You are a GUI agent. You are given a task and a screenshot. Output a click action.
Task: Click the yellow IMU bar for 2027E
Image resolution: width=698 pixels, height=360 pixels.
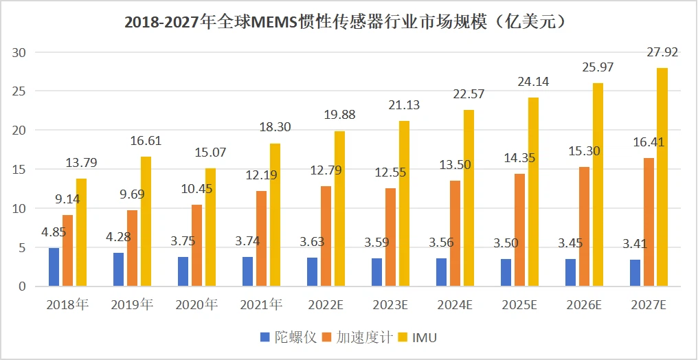pyautogui.click(x=662, y=177)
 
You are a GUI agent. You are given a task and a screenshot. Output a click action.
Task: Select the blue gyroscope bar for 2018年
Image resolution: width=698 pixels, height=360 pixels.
pyautogui.click(x=54, y=267)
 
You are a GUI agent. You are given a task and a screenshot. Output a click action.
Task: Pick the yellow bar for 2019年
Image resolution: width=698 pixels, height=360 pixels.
pyautogui.click(x=146, y=221)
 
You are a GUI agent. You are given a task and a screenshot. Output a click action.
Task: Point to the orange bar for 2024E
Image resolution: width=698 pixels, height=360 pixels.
pyautogui.click(x=455, y=234)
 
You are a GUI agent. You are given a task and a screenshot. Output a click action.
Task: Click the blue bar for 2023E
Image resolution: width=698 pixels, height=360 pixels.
pyautogui.click(x=376, y=272)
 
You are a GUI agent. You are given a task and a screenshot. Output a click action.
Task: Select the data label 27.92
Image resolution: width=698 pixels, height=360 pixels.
pyautogui.click(x=662, y=52)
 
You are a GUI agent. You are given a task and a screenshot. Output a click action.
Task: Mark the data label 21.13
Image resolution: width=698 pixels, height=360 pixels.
pyautogui.click(x=403, y=105)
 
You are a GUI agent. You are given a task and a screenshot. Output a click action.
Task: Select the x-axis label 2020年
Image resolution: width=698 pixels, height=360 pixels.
pyautogui.click(x=196, y=305)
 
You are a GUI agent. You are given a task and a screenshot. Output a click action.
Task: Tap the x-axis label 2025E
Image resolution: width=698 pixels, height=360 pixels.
pyautogui.click(x=519, y=305)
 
